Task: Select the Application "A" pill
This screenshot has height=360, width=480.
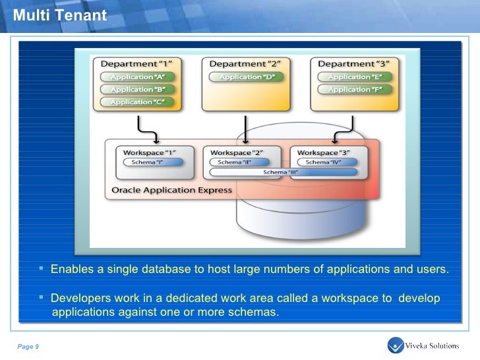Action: point(137,76)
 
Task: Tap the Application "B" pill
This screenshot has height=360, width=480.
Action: point(137,89)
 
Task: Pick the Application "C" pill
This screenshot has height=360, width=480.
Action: point(137,102)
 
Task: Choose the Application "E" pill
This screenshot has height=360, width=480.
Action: point(355,76)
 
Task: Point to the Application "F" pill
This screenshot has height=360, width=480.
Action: point(355,89)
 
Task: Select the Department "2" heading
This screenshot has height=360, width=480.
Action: point(246,64)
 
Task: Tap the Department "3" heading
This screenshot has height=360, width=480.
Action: point(354,64)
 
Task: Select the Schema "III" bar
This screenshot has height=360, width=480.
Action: point(280,173)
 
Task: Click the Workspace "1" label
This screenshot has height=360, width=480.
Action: point(146,152)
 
